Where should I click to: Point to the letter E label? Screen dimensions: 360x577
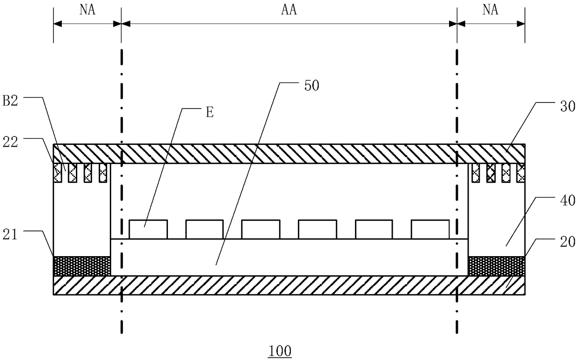pyautogui.click(x=209, y=113)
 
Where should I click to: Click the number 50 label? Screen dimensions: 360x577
pyautogui.click(x=312, y=86)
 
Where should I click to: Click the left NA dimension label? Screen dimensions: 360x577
pyautogui.click(x=87, y=10)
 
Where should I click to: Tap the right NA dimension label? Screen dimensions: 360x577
pyautogui.click(x=491, y=10)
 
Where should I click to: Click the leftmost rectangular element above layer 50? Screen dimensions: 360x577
pyautogui.click(x=148, y=229)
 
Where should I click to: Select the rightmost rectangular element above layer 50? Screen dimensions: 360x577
pyautogui.click(x=430, y=229)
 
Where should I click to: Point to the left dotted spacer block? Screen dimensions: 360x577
pyautogui.click(x=82, y=265)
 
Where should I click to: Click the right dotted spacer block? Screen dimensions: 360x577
pyautogui.click(x=496, y=265)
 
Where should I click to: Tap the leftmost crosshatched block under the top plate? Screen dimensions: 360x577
pyautogui.click(x=58, y=173)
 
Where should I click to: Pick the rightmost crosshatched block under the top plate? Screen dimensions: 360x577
pyautogui.click(x=521, y=173)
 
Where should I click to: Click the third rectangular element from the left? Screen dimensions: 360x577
pyautogui.click(x=261, y=229)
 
